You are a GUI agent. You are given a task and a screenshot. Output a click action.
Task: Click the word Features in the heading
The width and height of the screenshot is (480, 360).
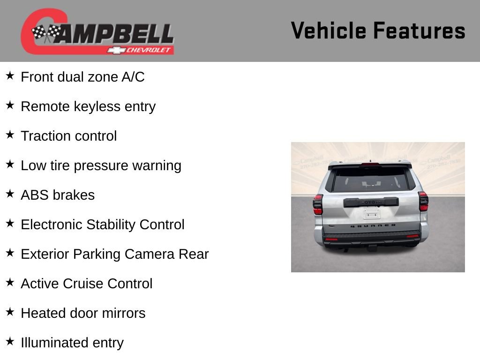pos(419,30)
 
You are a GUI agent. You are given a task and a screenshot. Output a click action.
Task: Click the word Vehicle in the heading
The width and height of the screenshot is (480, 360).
pos(328,30)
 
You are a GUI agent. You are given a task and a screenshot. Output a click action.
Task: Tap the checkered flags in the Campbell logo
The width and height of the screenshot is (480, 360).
pos(46,33)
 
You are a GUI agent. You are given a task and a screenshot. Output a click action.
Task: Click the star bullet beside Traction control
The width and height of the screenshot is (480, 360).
pos(10,135)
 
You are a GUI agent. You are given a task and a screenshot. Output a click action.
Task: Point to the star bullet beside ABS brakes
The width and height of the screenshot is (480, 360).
pos(10,194)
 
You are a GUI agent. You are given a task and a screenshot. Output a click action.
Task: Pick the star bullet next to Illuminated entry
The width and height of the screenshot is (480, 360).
pos(10,342)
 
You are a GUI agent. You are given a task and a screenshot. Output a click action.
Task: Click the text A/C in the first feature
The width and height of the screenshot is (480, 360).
pos(133,77)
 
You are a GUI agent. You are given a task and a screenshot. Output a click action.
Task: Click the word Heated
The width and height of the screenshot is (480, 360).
pos(43,313)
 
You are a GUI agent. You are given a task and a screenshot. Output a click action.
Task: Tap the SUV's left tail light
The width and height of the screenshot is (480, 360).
pos(318,204)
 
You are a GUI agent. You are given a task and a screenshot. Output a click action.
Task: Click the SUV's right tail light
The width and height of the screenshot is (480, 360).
pos(423,201)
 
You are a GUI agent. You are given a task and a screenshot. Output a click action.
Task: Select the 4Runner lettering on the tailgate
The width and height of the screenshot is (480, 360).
pos(373,225)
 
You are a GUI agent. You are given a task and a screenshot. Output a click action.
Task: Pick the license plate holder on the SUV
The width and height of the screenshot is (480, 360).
pos(372,214)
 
